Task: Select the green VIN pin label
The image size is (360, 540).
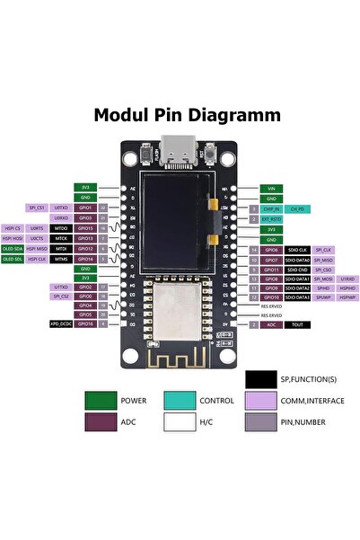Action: coord(271,189)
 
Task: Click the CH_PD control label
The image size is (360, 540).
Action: coord(299,208)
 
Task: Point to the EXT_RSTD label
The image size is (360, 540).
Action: coord(271,218)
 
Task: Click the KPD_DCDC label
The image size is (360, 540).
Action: coord(61,323)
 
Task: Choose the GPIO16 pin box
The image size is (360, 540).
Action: coord(86,323)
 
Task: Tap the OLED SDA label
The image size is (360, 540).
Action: coord(13,249)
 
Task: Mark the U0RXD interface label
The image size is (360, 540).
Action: coord(61,218)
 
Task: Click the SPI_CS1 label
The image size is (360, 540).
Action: coord(36,208)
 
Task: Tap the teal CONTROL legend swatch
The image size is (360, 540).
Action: coord(182,401)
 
